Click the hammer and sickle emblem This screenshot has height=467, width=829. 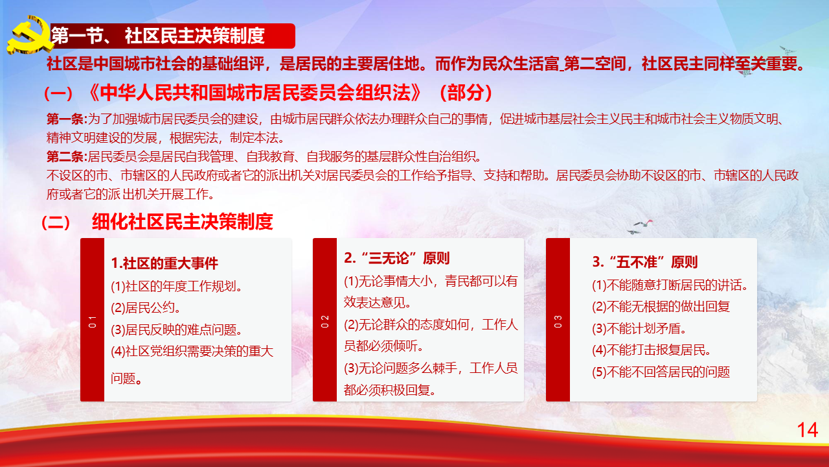pyautogui.click(x=30, y=35)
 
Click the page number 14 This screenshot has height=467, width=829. pyautogui.click(x=807, y=430)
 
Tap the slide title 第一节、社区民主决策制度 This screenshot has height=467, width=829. pyautogui.click(x=158, y=36)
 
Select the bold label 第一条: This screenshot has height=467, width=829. pyautogui.click(x=67, y=119)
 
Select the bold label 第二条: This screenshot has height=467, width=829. pyautogui.click(x=67, y=156)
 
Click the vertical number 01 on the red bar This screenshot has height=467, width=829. pyautogui.click(x=92, y=322)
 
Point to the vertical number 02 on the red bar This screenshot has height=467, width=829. pyautogui.click(x=324, y=321)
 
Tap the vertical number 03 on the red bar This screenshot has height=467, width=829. pyautogui.click(x=558, y=321)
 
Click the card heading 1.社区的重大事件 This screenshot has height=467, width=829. pyautogui.click(x=165, y=263)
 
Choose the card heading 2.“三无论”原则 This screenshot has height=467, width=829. pyautogui.click(x=397, y=258)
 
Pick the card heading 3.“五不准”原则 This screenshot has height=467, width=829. pyautogui.click(x=644, y=262)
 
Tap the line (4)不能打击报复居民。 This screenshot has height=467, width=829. pyautogui.click(x=652, y=350)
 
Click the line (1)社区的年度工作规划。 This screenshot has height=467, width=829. pyautogui.click(x=177, y=286)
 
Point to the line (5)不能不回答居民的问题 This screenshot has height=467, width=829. pyautogui.click(x=661, y=372)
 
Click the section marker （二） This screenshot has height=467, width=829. pyautogui.click(x=56, y=222)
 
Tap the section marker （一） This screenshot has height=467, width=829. pyautogui.click(x=58, y=93)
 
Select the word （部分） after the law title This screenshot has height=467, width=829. pyautogui.click(x=466, y=93)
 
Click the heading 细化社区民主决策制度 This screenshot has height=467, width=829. pyautogui.click(x=183, y=222)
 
